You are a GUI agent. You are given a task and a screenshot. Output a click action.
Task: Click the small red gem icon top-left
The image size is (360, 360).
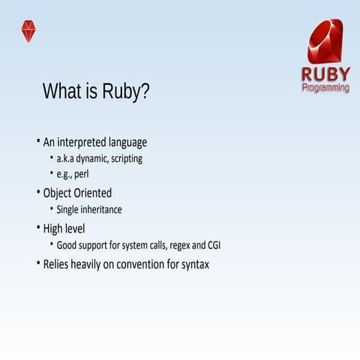click(28, 31)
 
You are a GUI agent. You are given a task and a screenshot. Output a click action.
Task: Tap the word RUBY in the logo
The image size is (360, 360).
click(325, 75)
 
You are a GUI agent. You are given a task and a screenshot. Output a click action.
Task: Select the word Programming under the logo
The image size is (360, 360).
click(325, 88)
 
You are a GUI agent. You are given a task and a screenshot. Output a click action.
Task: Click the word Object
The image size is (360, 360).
click(59, 193)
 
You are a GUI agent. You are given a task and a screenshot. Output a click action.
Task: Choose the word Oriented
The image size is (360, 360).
click(95, 193)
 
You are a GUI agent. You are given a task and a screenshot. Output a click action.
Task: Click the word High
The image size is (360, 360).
click(54, 228)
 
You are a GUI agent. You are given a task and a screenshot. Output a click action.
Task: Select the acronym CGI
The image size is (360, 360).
click(211, 245)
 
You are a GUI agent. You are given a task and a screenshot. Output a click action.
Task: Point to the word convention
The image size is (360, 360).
click(137, 264)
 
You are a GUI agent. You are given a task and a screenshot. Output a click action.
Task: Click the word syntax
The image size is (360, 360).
click(195, 265)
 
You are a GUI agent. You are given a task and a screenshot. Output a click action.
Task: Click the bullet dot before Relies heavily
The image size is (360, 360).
click(37, 263)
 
